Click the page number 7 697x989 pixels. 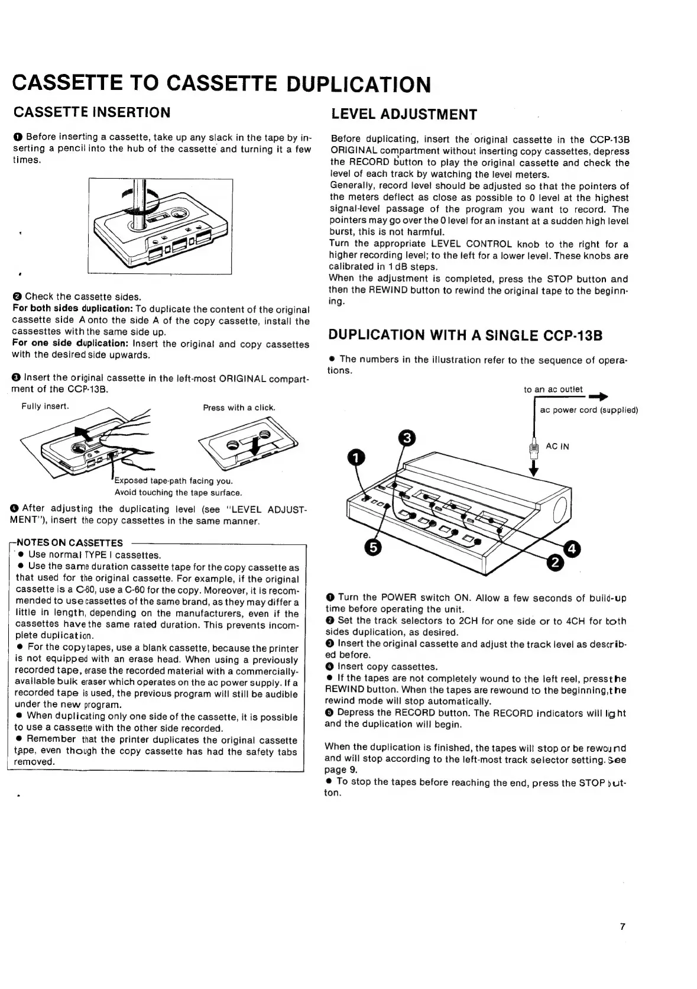coord(622,927)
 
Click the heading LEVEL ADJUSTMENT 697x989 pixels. coord(404,114)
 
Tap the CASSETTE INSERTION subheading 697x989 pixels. coord(92,112)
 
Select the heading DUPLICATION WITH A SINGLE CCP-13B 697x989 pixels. coord(465,335)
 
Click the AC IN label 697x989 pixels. coord(557,447)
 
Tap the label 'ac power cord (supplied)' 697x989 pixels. coord(589,410)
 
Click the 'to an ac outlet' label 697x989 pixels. coord(553,389)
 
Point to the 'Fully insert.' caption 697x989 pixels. coord(46,406)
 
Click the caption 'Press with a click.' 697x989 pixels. coord(239,408)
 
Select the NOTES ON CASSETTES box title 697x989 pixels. coord(70,542)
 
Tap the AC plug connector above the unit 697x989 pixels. coord(534,450)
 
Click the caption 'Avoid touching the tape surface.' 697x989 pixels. coord(178,492)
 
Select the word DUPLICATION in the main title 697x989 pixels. coord(358,85)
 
